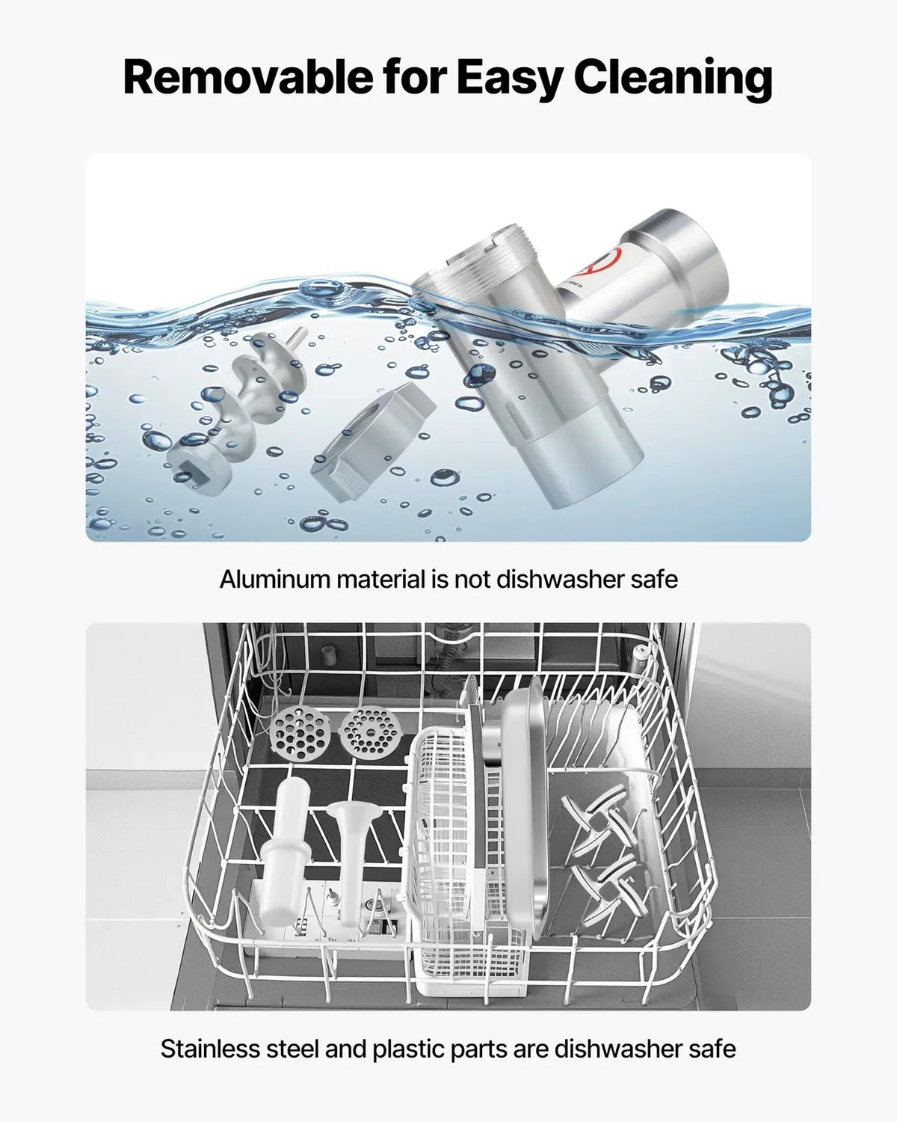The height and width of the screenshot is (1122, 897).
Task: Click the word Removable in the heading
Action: (248, 78)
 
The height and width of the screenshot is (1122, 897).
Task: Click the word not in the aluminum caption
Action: (472, 580)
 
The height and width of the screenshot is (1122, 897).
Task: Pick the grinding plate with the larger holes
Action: (300, 734)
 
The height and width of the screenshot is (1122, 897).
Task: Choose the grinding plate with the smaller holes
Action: (370, 731)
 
